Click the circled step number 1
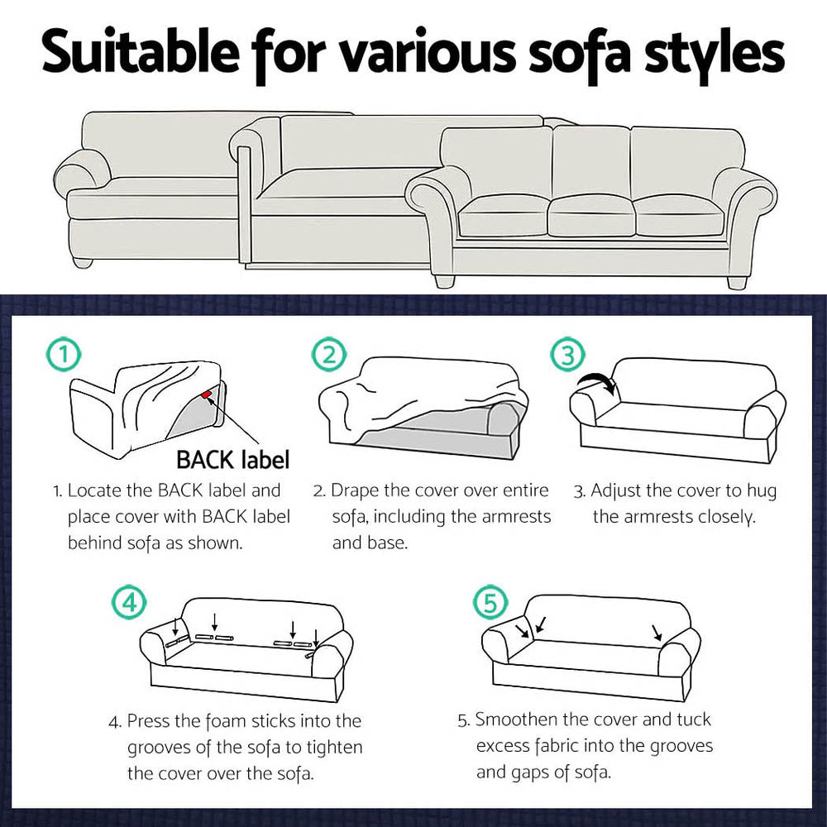click(x=65, y=356)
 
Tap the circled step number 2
click(x=328, y=356)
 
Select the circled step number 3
click(x=566, y=356)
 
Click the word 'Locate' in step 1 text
click(x=94, y=490)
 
